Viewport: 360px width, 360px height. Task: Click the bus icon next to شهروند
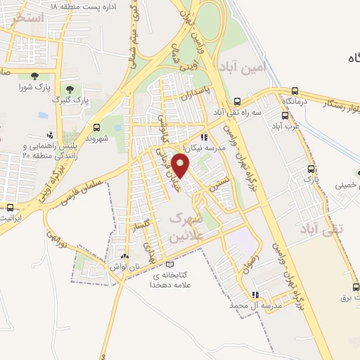(96, 127)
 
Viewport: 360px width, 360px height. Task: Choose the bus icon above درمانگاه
(295, 91)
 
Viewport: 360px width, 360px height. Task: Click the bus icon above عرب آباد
(285, 116)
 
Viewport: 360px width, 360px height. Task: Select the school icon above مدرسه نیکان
(203, 138)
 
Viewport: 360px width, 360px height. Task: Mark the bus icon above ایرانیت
(10, 207)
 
